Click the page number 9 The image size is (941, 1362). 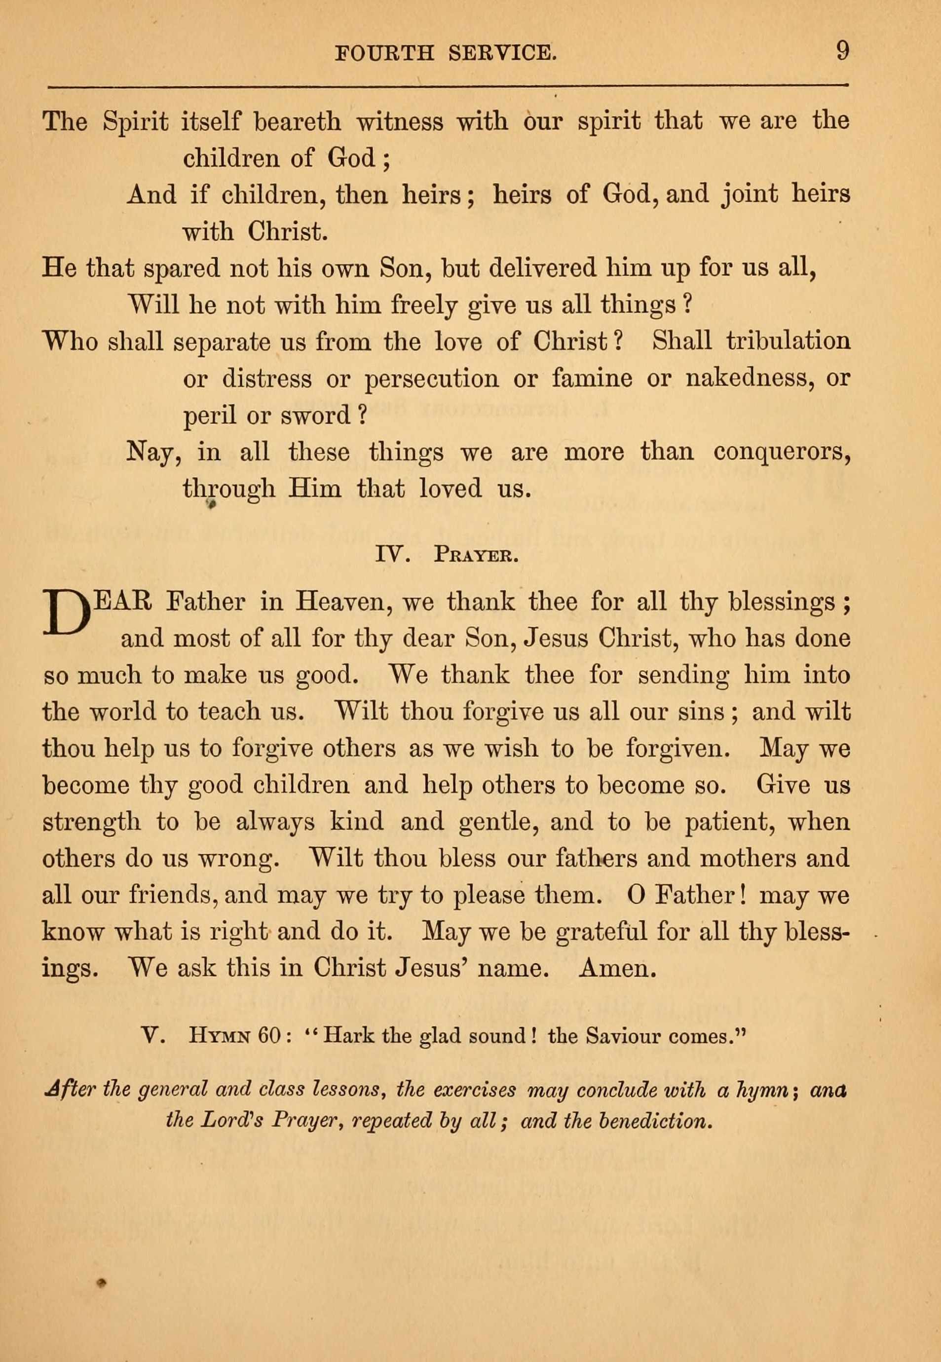[x=842, y=51]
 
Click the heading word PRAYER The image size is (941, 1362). [x=476, y=556]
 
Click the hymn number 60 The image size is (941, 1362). [x=271, y=1036]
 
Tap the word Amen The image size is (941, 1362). [x=618, y=968]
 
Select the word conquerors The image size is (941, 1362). [x=782, y=452]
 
